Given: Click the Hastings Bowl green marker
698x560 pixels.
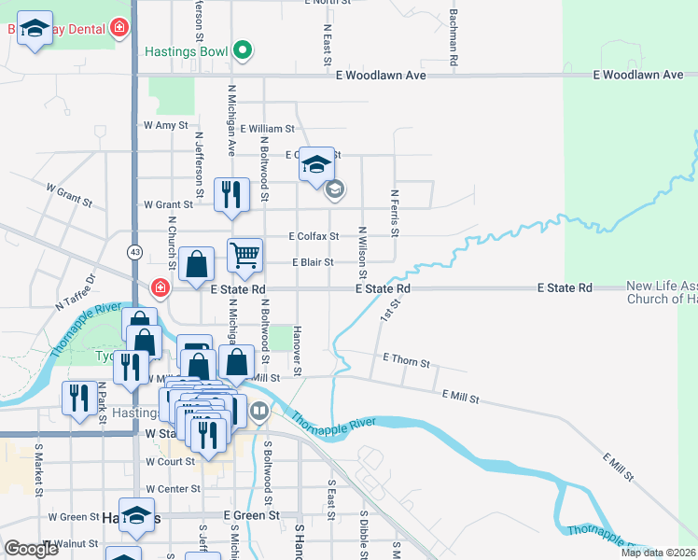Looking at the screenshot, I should point(243,50).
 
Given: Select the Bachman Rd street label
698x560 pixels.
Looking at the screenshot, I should point(453,37).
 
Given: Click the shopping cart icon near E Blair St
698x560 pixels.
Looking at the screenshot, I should point(244,255).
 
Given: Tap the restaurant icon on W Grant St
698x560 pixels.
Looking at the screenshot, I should point(231,195).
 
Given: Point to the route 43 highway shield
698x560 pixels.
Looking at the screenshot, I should point(135,252).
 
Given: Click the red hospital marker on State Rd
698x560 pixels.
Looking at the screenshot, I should point(161,287).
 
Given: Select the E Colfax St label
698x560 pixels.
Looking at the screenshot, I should point(314,237).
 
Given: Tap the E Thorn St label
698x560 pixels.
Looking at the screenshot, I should point(406,361).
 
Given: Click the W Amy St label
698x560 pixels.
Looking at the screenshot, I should point(165,125).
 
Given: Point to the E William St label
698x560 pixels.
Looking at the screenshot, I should point(267,130).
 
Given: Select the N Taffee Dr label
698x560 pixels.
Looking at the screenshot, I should point(76,289).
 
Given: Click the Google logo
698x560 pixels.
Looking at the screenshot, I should point(31,549).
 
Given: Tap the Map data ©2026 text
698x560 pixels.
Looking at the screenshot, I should point(658,553).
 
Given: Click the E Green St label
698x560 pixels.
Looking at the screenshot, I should point(251,515).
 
